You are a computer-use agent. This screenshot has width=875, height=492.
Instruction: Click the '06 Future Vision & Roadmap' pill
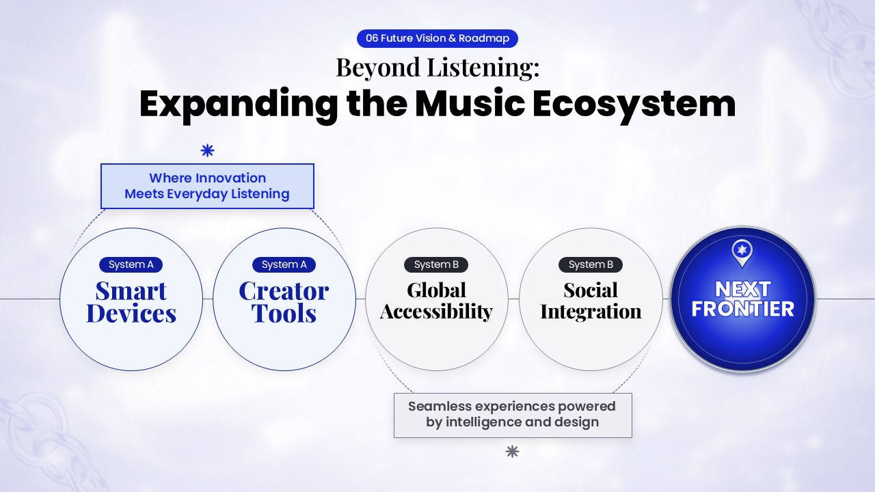tap(437, 38)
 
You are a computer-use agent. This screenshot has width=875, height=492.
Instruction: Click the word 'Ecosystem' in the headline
tap(634, 105)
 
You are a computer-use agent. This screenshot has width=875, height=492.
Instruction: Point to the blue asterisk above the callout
tap(207, 150)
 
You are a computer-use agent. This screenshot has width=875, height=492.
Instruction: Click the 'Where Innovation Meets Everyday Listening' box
tap(207, 186)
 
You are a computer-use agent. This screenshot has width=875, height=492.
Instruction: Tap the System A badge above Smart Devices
tap(131, 264)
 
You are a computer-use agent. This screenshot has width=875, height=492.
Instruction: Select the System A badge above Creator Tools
tap(284, 264)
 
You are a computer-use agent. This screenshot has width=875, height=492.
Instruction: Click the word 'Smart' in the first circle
tap(131, 291)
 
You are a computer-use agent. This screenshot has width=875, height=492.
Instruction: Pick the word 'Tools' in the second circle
tap(284, 313)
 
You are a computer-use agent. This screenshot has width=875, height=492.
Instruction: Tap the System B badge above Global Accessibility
tap(436, 264)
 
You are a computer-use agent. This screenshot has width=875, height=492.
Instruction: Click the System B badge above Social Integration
tap(591, 264)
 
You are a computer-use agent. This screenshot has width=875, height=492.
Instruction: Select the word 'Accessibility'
tap(436, 312)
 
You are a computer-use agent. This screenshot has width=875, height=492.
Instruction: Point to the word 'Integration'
tap(591, 312)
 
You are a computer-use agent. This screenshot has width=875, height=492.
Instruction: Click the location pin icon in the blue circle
tap(742, 253)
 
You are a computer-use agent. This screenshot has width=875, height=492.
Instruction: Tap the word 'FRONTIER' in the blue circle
tap(742, 309)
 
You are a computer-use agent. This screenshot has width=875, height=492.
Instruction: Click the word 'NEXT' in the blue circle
tap(742, 289)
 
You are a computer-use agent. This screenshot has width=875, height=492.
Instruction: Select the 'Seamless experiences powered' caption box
tap(513, 415)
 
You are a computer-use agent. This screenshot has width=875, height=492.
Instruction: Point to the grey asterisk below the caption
tap(512, 452)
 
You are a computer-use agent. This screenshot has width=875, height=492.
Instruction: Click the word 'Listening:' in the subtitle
tap(483, 68)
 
